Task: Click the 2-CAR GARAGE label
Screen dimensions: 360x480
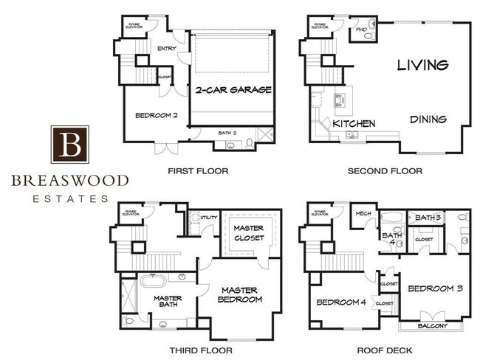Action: point(233,90)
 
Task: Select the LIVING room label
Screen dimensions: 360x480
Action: point(422,66)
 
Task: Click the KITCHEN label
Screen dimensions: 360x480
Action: point(354,123)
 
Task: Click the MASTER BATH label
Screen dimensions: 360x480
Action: point(168,303)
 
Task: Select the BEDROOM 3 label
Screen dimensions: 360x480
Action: point(435,288)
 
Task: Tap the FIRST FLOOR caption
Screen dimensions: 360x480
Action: point(198,171)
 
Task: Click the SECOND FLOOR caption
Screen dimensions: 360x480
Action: point(385,171)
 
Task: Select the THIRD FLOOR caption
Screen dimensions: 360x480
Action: point(201,350)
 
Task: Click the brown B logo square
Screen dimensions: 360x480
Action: point(70,144)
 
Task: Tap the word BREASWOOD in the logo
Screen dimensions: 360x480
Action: point(70,180)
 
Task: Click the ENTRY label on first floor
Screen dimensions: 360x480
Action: point(167,50)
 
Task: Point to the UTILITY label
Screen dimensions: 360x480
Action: point(208,218)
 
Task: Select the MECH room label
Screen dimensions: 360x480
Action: point(363,214)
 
